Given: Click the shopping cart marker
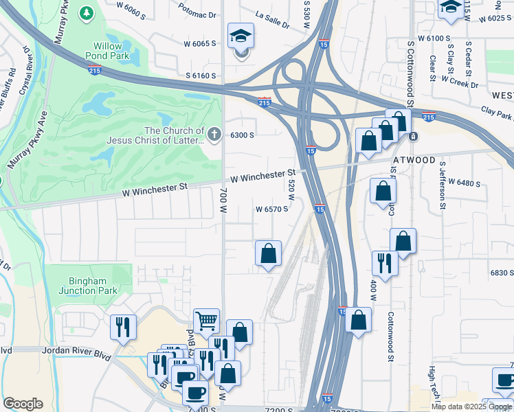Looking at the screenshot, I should click(x=206, y=320).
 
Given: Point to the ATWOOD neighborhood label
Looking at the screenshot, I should click(x=414, y=160).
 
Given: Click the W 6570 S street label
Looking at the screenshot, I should click(x=271, y=209).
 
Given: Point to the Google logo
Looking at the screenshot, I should click(x=23, y=404).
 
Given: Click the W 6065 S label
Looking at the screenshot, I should click(x=200, y=43).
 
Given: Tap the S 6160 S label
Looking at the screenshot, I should click(x=200, y=76).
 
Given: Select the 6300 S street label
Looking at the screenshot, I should click(x=243, y=135).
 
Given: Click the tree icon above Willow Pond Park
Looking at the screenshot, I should click(x=86, y=12).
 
